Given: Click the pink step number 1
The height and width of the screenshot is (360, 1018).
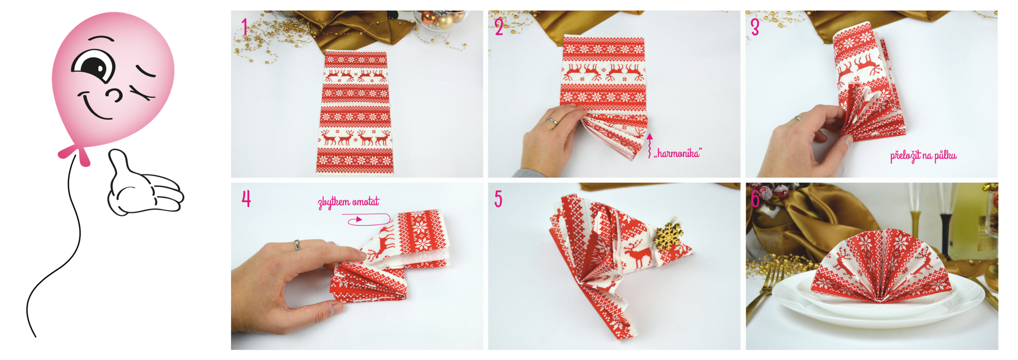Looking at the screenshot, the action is click(x=245, y=26).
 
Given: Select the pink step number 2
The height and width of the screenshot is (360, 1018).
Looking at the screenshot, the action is click(x=499, y=26).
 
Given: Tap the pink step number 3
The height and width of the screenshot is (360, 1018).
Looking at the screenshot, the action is click(x=755, y=27).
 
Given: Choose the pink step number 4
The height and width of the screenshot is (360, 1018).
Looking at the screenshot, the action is click(x=246, y=199).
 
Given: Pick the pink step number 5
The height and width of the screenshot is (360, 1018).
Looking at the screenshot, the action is click(x=498, y=199).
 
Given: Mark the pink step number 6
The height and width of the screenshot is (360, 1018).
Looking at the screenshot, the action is click(x=756, y=199).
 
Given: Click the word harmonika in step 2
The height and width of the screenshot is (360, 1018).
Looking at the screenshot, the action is click(x=678, y=153).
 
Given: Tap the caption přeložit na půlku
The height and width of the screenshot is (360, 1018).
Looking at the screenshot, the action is click(x=923, y=156).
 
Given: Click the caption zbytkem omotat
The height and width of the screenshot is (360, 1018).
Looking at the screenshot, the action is click(x=349, y=202).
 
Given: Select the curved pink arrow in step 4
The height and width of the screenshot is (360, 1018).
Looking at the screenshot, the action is click(x=367, y=219).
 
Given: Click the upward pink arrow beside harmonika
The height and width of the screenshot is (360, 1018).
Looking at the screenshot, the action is click(x=649, y=146).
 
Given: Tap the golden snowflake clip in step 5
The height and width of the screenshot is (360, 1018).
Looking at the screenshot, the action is click(x=668, y=235).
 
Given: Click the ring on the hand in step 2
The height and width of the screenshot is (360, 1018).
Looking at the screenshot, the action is click(x=552, y=121).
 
